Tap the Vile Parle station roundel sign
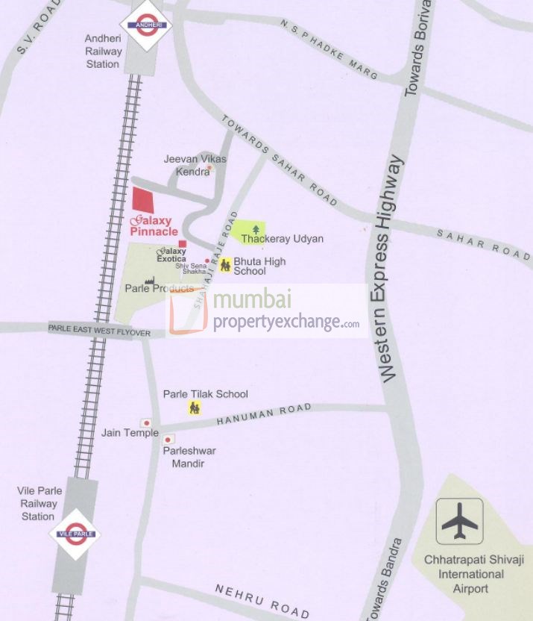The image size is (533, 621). coord(75,533)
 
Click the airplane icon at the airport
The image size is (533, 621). coord(459,521)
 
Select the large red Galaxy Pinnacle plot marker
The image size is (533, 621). coord(143,200)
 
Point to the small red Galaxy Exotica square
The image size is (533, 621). coord(183,244)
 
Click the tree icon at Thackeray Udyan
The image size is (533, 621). coord(256,229)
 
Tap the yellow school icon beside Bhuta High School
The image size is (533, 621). coord(225,264)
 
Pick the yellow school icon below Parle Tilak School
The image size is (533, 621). coord(195,408)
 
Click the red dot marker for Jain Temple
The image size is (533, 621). coord(146,423)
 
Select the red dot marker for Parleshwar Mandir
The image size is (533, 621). coord(168,440)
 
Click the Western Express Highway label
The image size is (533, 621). coord(391,269)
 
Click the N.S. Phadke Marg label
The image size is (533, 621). coord(329,50)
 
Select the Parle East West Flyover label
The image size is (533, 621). coord(99,330)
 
